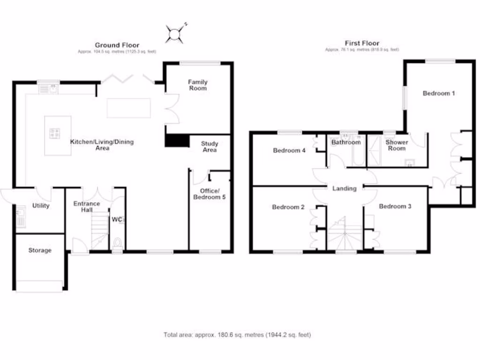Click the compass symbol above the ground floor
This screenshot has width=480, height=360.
tap(175, 33)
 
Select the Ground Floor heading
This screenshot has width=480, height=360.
tap(117, 45)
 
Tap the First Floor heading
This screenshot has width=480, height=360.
tap(362, 43)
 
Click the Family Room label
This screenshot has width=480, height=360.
tap(197, 85)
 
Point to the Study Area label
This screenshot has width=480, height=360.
tap(209, 147)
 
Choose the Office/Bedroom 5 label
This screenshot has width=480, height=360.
tap(210, 194)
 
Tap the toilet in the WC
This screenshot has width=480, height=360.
tap(118, 242)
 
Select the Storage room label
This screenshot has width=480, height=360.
tap(40, 250)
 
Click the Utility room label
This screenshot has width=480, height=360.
tap(41, 206)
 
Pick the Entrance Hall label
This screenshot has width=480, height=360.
tap(87, 207)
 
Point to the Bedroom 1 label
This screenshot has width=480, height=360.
tap(439, 93)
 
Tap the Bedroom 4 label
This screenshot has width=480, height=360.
tap(289, 150)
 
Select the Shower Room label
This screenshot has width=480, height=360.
tap(397, 145)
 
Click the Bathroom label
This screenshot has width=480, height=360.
tap(346, 142)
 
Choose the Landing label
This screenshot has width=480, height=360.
tap(345, 188)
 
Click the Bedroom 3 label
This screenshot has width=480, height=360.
tap(395, 206)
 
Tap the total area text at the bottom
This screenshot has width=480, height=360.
tap(237, 335)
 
